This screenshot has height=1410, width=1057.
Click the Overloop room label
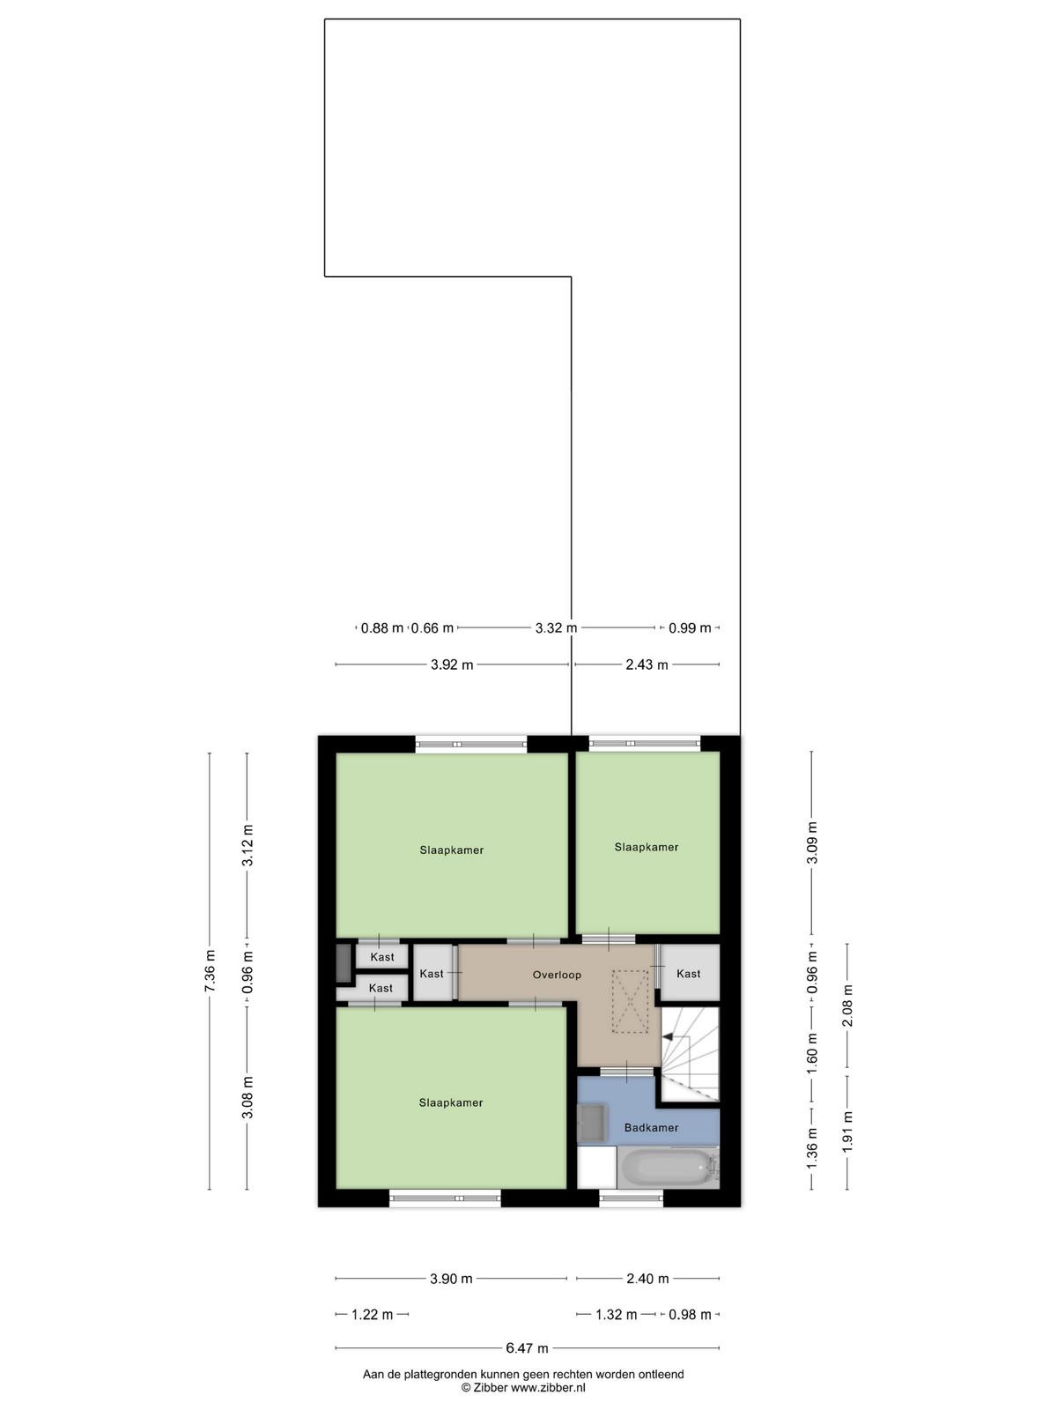(x=557, y=975)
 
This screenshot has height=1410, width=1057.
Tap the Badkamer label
(x=651, y=1127)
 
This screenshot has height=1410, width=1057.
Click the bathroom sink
(x=590, y=1123)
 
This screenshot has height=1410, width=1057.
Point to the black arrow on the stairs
(x=668, y=1035)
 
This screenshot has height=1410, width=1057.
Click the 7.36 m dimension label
(x=210, y=970)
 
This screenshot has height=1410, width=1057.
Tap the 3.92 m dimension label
(x=452, y=664)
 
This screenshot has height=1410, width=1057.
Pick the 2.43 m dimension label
(x=647, y=664)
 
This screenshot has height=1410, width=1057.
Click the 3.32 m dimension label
(x=556, y=627)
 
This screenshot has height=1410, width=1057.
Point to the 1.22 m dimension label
(x=373, y=1315)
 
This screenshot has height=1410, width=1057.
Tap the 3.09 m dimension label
(x=812, y=843)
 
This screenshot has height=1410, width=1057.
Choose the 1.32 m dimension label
(x=616, y=1315)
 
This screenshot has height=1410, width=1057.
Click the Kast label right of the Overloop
(x=688, y=974)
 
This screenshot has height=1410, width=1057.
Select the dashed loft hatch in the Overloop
(x=630, y=1001)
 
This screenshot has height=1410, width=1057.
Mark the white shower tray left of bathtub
(x=597, y=1167)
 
